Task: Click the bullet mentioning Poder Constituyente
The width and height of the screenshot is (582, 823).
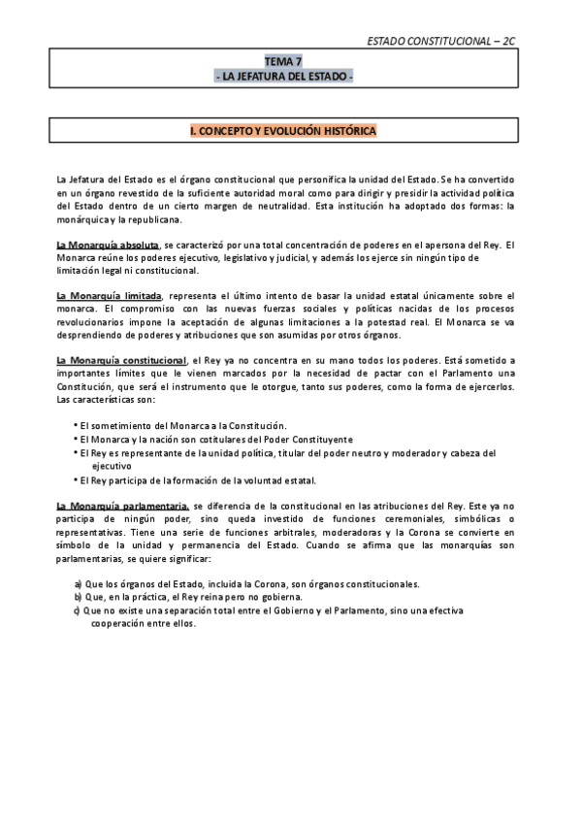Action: [189, 439]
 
